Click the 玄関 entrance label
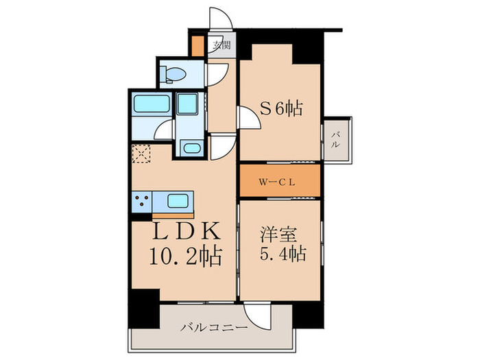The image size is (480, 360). tap(221, 46)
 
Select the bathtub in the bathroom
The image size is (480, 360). tap(149, 106)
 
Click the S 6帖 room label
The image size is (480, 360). tap(281, 108)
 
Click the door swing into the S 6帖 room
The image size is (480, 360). tap(249, 119)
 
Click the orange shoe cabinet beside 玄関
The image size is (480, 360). tap(197, 47)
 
